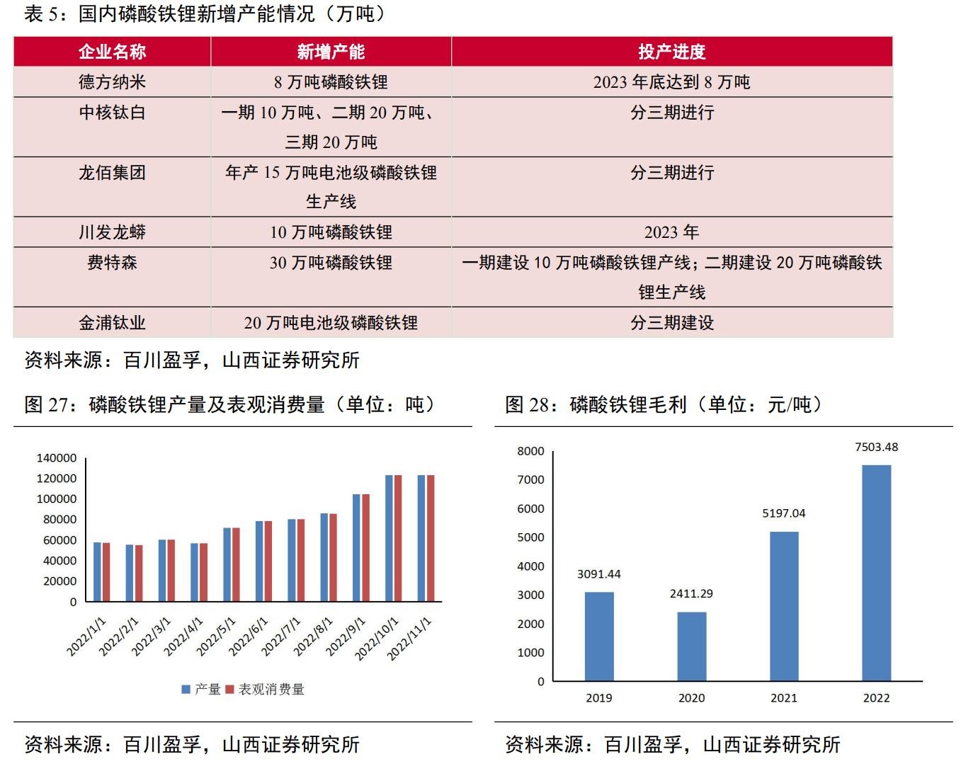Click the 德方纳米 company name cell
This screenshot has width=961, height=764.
click(x=112, y=82)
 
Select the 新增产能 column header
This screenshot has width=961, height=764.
click(x=331, y=52)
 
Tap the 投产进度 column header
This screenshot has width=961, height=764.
click(x=671, y=52)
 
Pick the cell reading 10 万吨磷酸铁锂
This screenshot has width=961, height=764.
click(x=331, y=232)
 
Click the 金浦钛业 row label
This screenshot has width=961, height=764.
click(x=112, y=323)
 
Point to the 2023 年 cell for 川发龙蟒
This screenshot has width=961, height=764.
click(x=671, y=232)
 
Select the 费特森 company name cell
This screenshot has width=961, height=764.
click(x=112, y=263)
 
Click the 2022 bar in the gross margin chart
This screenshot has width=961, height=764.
click(x=876, y=573)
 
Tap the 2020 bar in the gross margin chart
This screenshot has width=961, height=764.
click(x=691, y=646)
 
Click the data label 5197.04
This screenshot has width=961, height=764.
click(x=783, y=513)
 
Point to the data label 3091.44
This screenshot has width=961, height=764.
click(x=598, y=574)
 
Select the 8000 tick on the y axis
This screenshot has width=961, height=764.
click(x=530, y=451)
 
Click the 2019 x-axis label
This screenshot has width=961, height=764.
click(x=598, y=698)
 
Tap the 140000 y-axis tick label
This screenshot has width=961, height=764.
click(x=57, y=458)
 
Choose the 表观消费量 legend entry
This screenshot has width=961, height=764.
click(x=266, y=689)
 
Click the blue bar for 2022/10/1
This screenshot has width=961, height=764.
click(x=389, y=538)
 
